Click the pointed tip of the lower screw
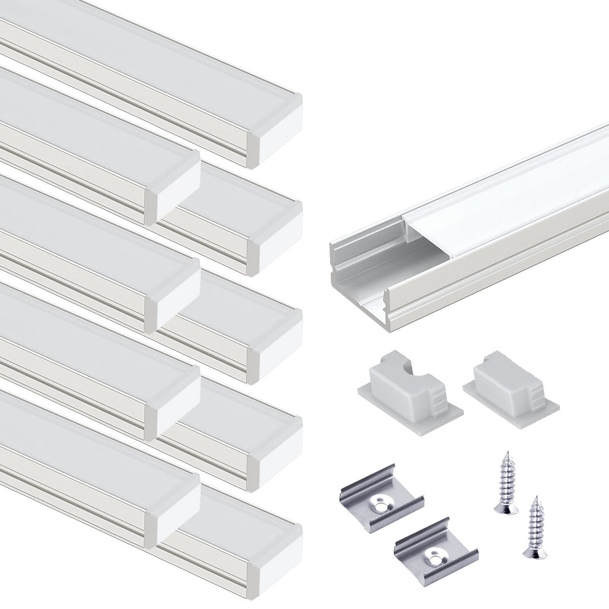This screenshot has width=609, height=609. pos(537,499)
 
